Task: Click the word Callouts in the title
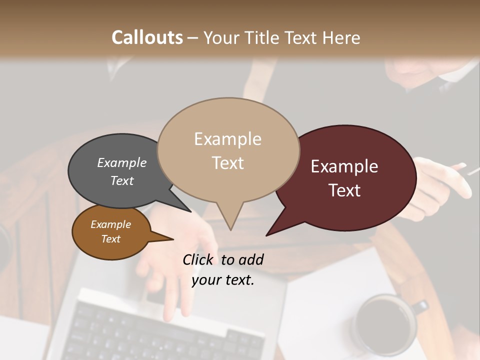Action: pyautogui.click(x=147, y=37)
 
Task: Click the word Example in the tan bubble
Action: pyautogui.click(x=227, y=139)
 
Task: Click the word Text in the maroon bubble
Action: pyautogui.click(x=344, y=190)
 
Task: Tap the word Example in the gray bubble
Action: pyautogui.click(x=121, y=162)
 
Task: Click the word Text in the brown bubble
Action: pyautogui.click(x=110, y=239)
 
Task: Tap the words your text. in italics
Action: pyautogui.click(x=223, y=280)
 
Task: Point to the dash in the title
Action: pyautogui.click(x=193, y=38)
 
